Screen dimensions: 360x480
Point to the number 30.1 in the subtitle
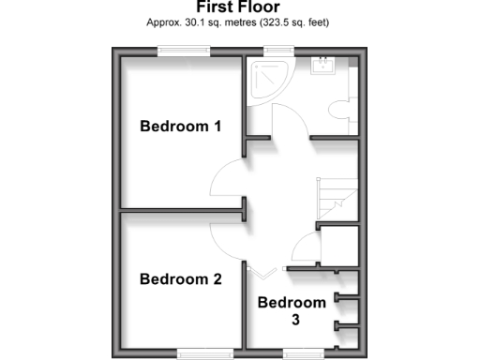coord(193,22)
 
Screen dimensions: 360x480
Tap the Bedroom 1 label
coord(180,127)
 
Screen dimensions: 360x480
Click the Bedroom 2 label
coord(180,278)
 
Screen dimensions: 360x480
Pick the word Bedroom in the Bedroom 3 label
coord(292,302)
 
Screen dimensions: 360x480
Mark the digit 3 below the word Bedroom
coord(292,319)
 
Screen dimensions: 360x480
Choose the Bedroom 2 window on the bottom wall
coord(197,352)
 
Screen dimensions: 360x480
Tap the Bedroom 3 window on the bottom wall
coord(302,352)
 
